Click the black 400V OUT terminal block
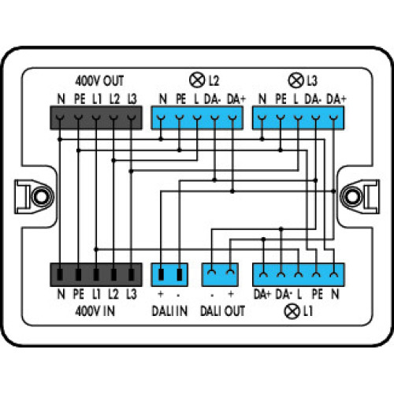(95, 117)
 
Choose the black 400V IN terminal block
(95, 274)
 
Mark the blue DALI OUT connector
(221, 274)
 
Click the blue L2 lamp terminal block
(197, 117)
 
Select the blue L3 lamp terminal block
(298, 117)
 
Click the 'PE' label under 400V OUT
(78, 98)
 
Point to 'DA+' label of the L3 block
(336, 98)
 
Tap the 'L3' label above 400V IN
(131, 295)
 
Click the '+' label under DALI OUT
(231, 295)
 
